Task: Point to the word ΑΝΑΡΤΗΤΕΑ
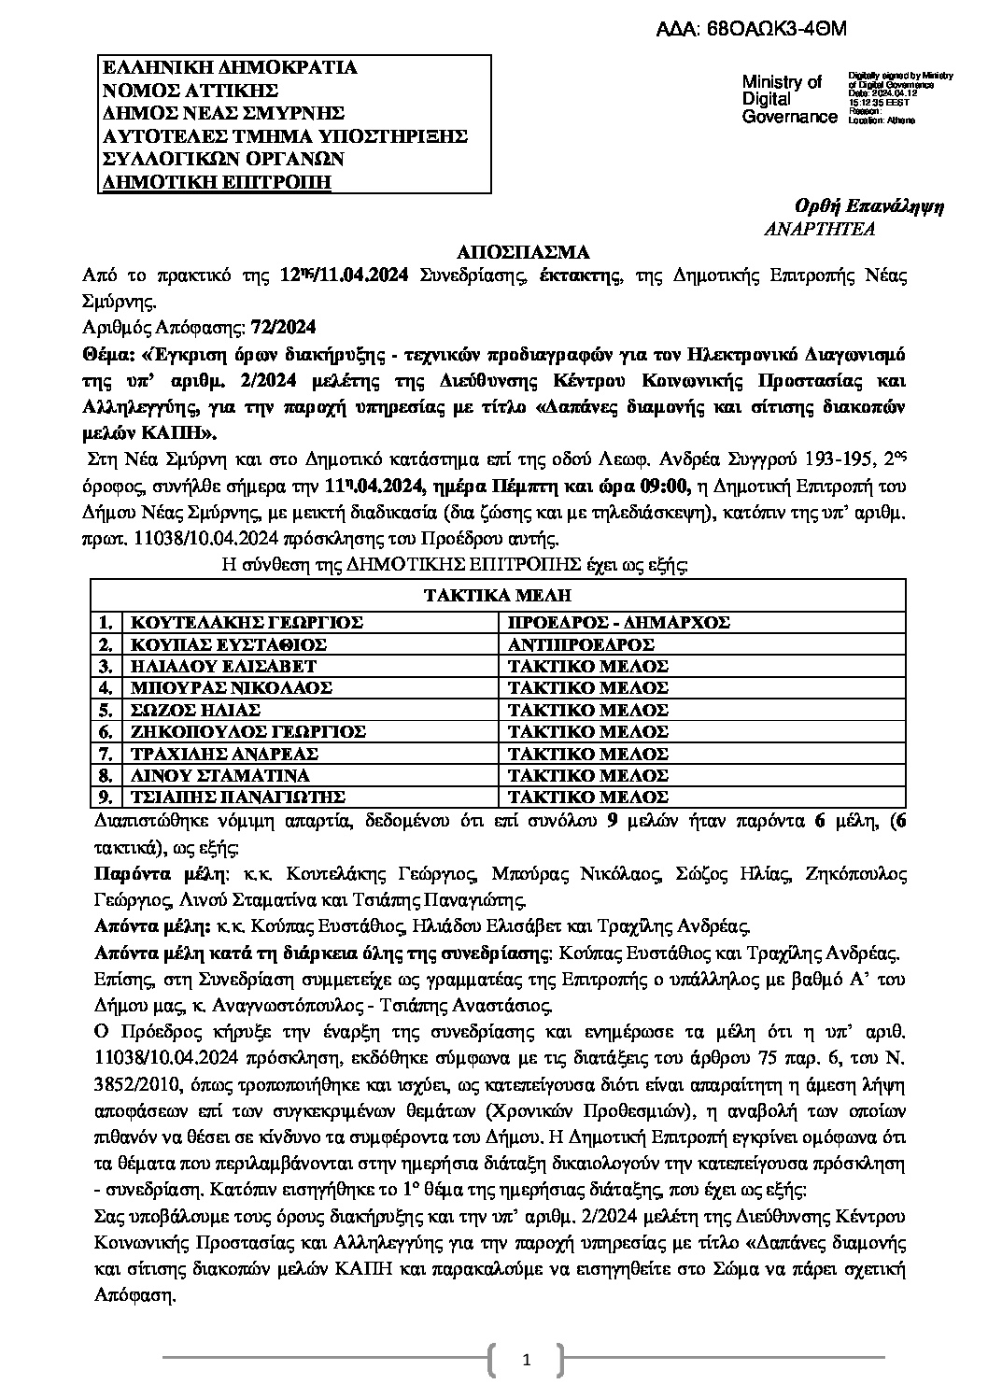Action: [819, 229]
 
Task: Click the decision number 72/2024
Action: [284, 328]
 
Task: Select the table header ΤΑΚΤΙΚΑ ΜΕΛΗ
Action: [497, 596]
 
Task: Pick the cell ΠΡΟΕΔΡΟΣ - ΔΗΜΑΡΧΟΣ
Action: [617, 623]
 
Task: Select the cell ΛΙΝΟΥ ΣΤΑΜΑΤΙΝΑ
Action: [219, 775]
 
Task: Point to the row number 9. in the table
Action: [106, 797]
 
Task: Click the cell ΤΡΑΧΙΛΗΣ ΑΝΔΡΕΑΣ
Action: [224, 754]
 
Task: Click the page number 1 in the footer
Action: [527, 1361]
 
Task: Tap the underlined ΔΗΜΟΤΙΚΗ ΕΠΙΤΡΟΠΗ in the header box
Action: [216, 181]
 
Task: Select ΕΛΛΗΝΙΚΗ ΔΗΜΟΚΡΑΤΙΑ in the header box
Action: [229, 67]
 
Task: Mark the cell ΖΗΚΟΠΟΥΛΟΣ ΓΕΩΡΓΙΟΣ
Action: [247, 731]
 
